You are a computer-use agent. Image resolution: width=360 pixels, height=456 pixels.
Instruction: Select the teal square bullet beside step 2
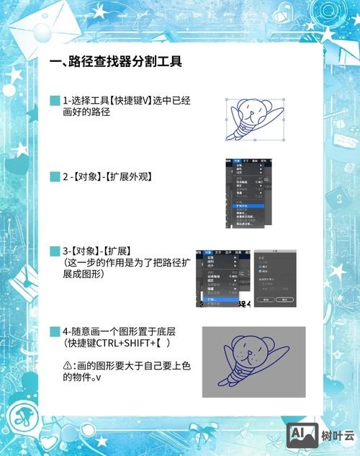coord(55,176)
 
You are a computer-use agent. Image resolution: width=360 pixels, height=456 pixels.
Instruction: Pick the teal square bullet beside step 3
coord(55,251)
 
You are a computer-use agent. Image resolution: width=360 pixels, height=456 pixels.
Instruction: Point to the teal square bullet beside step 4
coord(55,332)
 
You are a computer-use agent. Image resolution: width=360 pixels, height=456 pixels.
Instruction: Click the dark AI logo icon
coord(302,434)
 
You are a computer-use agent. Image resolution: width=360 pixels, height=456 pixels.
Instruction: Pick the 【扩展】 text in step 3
coord(125,251)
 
